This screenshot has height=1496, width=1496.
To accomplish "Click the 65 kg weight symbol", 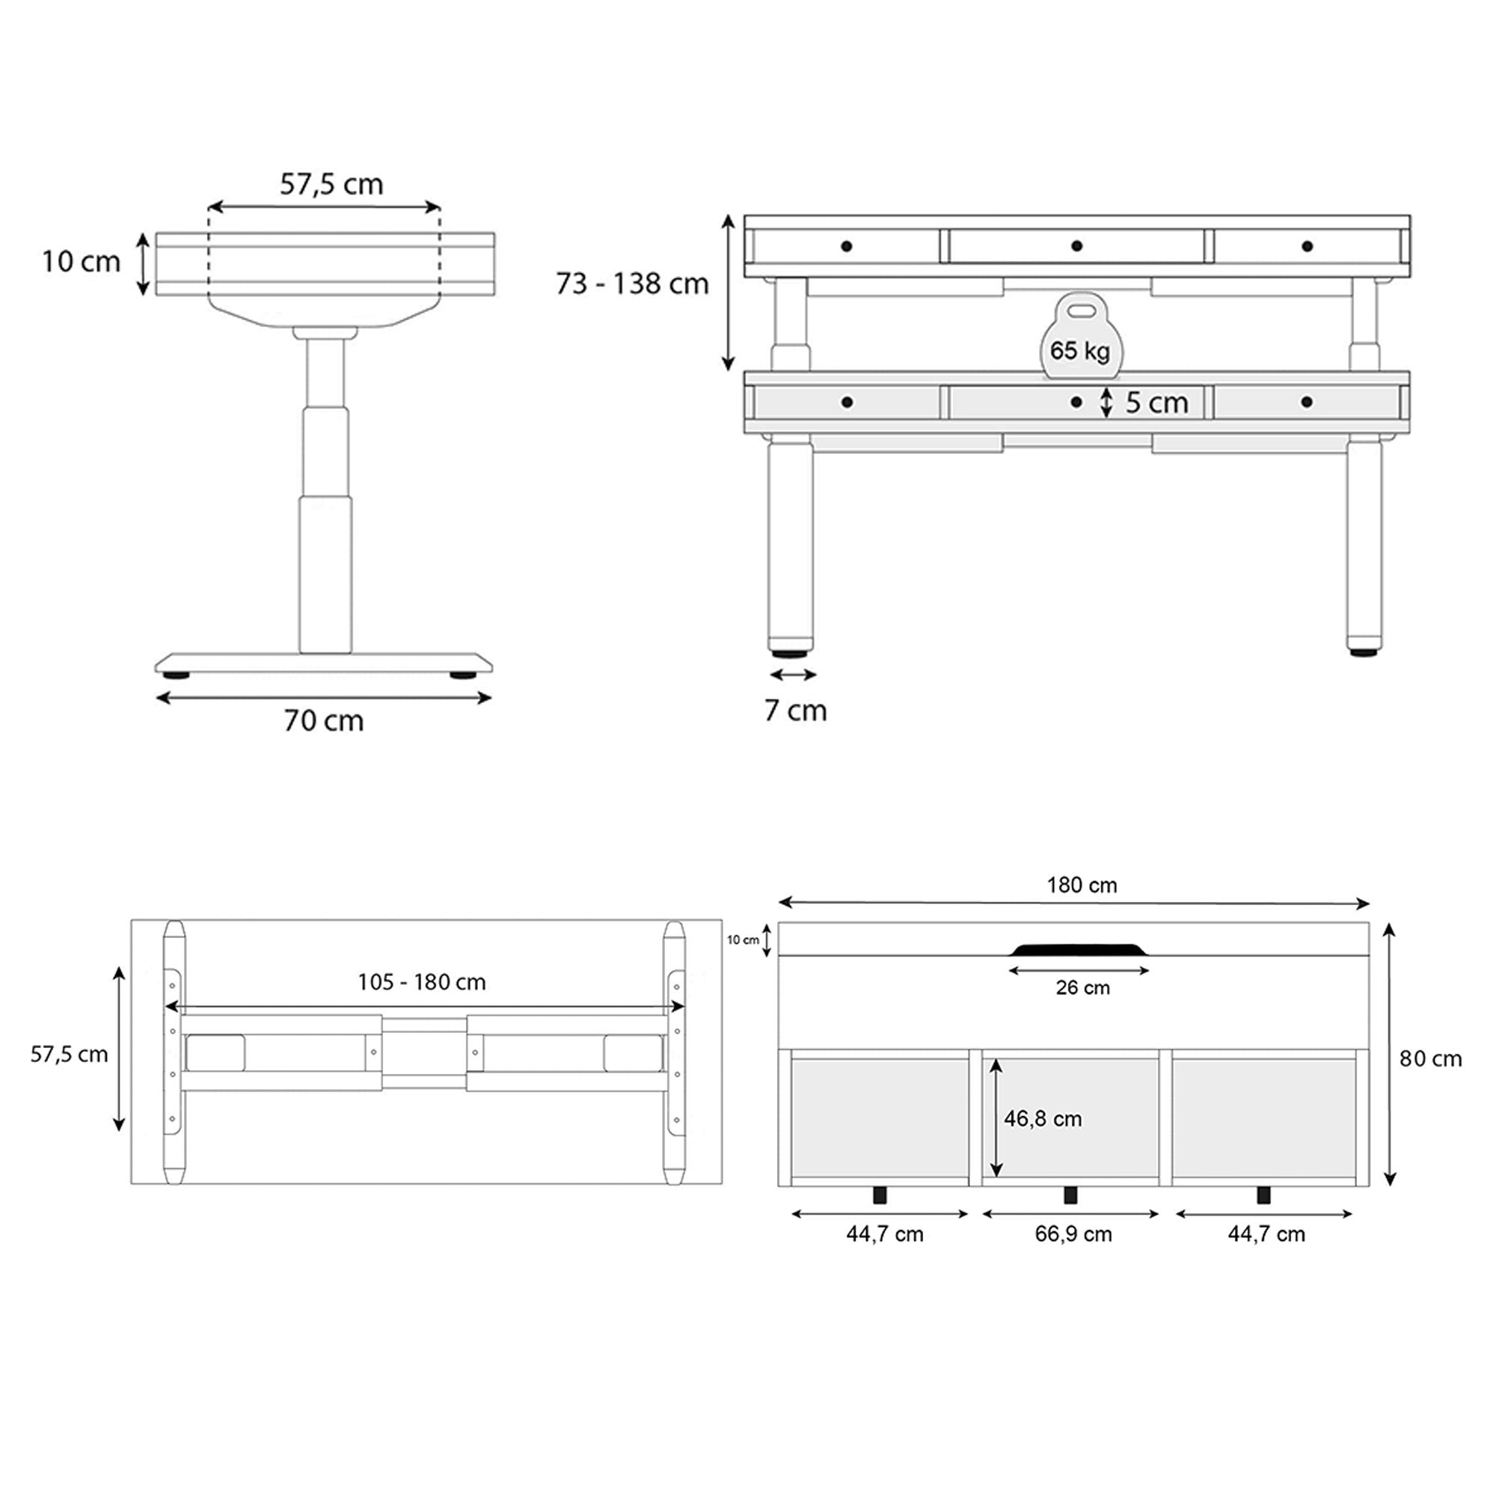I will pos(1079,338).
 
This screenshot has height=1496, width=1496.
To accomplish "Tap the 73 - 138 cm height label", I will pos(632,284).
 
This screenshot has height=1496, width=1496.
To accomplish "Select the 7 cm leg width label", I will pos(795,710).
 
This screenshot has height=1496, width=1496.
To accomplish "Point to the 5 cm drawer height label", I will pos(1156,402).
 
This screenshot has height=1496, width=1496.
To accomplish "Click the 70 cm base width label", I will pos(323,721).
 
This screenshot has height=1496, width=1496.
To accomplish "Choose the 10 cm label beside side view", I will pos(81,262).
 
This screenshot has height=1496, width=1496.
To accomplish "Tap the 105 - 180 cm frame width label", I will pos(421,982).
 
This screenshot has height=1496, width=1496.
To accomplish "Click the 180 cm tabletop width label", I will pos(1081,885).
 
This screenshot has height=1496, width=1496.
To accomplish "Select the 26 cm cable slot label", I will pos(1082,987).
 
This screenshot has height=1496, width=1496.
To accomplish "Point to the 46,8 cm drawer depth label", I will pos(1042,1118).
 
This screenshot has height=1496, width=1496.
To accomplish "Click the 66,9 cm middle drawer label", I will pos(1073,1233).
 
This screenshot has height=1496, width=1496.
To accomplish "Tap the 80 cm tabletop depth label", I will pos(1430,1058).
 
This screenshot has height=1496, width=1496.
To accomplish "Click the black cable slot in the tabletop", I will pos(1079,949).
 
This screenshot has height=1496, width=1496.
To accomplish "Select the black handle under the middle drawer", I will pos(1070,1195).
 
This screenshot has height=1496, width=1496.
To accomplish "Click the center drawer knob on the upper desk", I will pos(1076,245).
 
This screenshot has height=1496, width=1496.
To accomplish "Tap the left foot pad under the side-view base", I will pos(176,675).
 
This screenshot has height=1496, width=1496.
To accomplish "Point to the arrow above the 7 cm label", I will pos(793,675).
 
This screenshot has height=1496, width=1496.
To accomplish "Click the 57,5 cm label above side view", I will pos(331,184).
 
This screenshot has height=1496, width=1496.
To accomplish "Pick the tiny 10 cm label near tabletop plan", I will pos(742,940).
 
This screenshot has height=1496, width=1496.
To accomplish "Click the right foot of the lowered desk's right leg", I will pos(1364,653).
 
